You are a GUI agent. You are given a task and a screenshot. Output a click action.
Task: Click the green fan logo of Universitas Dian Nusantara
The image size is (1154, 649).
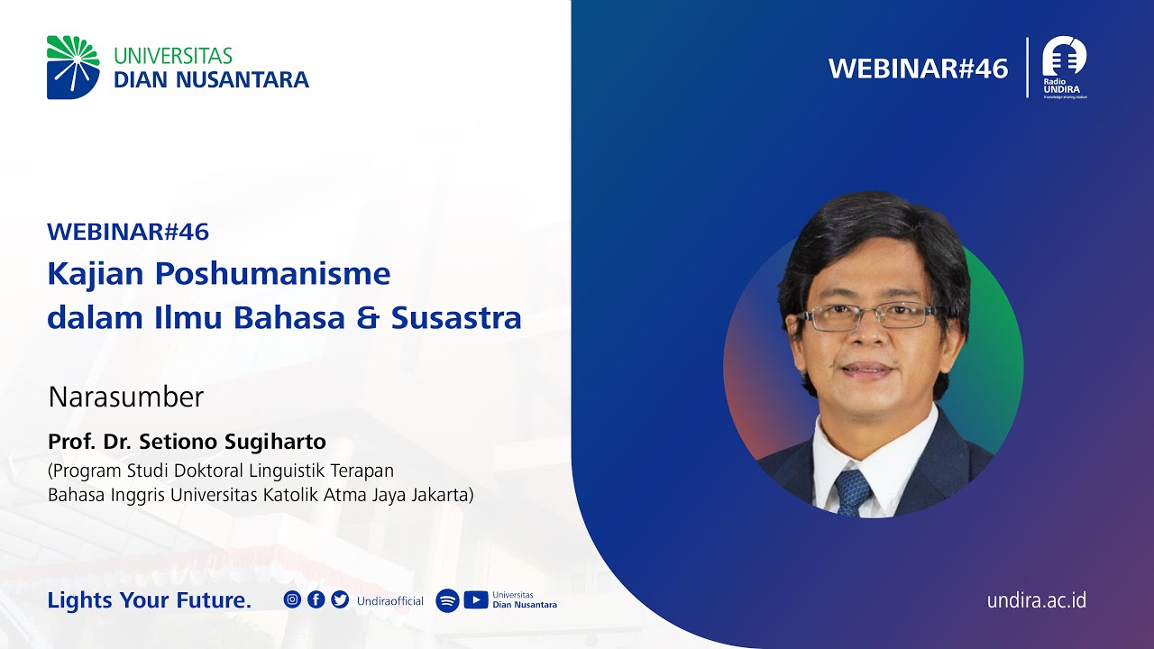73,67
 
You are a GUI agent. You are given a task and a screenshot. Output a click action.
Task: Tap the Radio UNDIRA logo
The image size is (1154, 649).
1064,67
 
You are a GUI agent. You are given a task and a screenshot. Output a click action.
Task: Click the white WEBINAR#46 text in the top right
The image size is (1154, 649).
918,69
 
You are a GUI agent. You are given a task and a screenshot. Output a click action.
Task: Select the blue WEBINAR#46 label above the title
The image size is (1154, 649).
128,232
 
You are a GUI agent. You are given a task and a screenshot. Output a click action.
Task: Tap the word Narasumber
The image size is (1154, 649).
126,397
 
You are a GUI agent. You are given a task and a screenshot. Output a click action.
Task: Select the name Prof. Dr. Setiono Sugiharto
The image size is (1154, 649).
187,443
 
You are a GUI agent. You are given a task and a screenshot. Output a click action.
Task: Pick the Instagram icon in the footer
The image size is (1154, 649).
292,599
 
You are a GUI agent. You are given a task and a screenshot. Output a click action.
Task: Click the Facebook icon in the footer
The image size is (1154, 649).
316,599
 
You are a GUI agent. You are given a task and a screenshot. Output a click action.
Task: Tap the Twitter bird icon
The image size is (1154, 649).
340,599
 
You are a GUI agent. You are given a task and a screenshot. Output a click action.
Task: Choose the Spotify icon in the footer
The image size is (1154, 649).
447,600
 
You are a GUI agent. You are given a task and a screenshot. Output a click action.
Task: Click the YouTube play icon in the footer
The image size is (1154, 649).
476,600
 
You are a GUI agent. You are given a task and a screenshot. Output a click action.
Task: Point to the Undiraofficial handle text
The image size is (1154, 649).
389,601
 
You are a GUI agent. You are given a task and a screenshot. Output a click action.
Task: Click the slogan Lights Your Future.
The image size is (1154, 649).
150,600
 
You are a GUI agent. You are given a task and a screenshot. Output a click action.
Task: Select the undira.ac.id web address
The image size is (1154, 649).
1036,600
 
